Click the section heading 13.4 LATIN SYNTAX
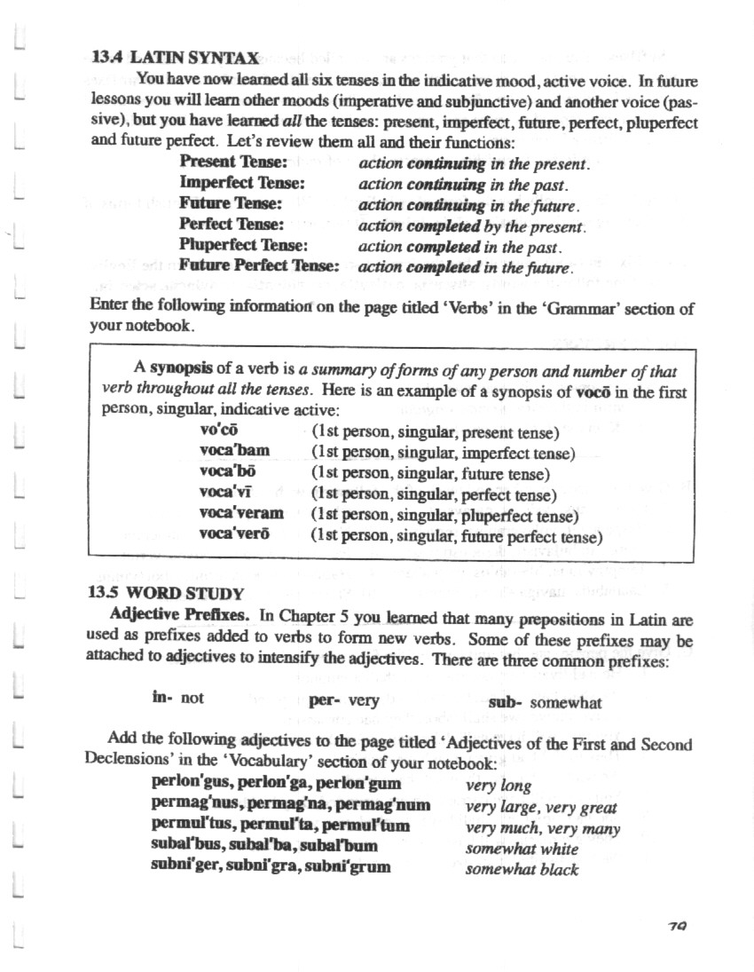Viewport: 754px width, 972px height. [175, 59]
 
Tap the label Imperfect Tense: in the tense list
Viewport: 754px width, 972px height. [242, 183]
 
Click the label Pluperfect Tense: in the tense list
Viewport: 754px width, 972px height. [243, 244]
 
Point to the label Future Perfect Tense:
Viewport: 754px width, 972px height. [259, 265]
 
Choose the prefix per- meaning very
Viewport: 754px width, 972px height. [326, 699]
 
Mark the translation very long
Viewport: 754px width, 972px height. [499, 786]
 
